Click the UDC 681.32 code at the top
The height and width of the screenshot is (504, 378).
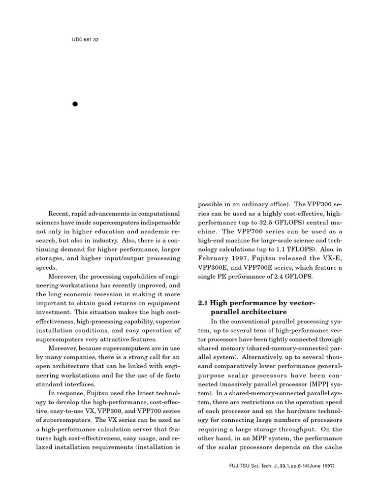pos(85,39)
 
